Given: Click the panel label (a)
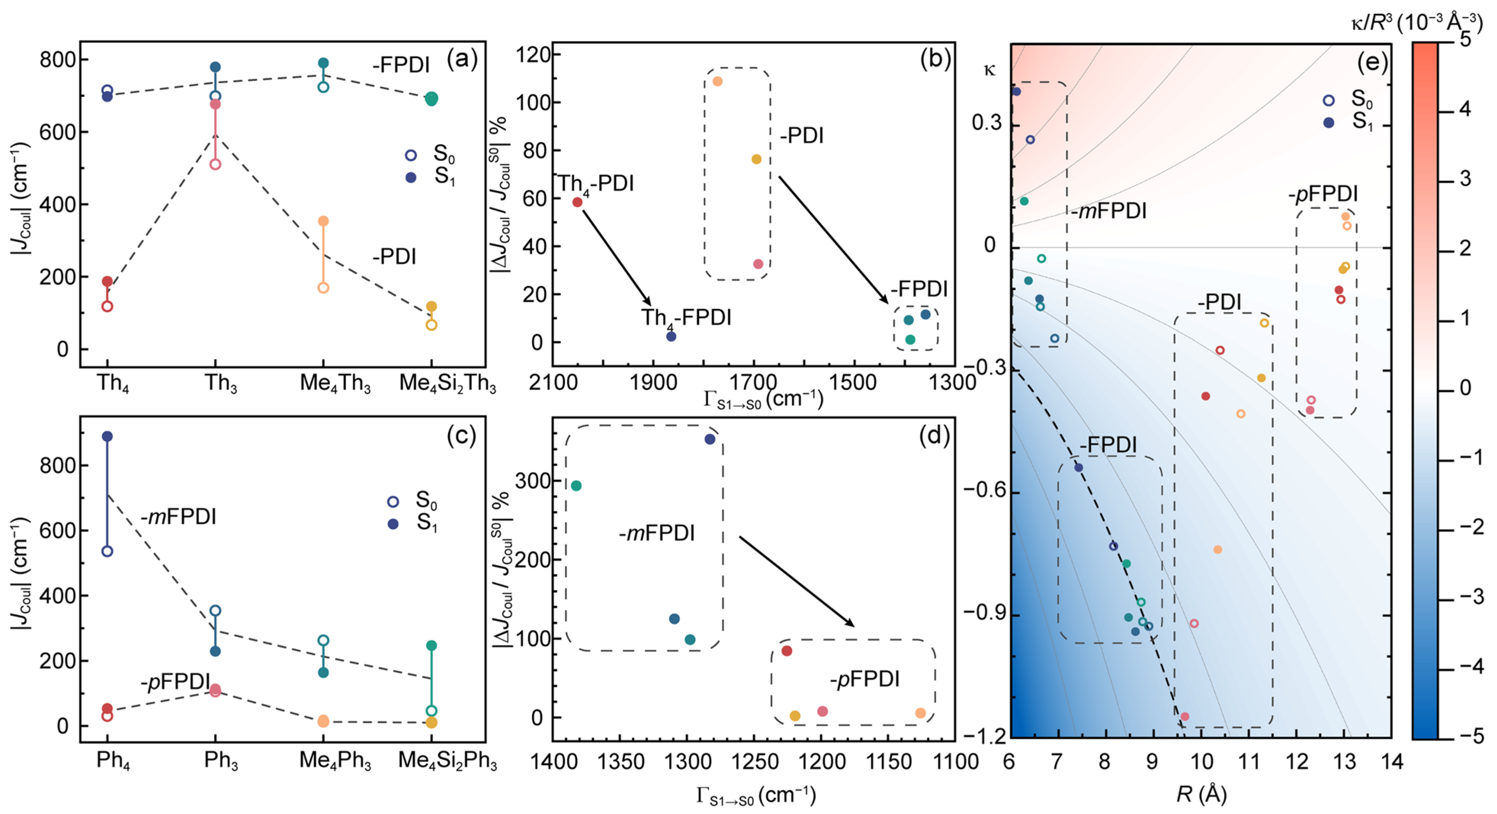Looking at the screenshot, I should pos(462,59).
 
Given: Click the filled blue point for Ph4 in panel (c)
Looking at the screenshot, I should pos(107,436).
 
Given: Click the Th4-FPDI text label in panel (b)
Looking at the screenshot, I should pos(686,318).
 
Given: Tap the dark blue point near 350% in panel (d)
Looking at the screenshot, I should pos(710,439).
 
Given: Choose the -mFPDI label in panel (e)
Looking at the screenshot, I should pos(1109,211).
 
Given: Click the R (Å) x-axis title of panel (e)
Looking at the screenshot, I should pos(1201,794).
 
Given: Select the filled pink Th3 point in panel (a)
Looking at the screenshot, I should pos(215,104).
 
